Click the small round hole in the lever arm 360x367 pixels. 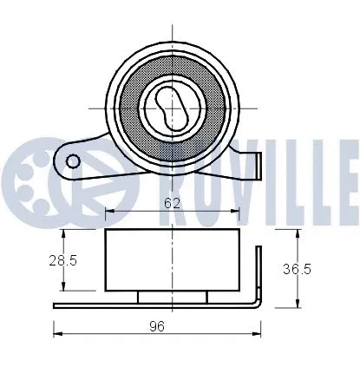coord(73,160)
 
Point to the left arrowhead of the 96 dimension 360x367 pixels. coord(57,334)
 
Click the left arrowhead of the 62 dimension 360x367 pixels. coord(108,211)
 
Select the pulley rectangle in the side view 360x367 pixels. coord(173,261)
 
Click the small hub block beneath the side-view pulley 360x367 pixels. coord(173,297)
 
